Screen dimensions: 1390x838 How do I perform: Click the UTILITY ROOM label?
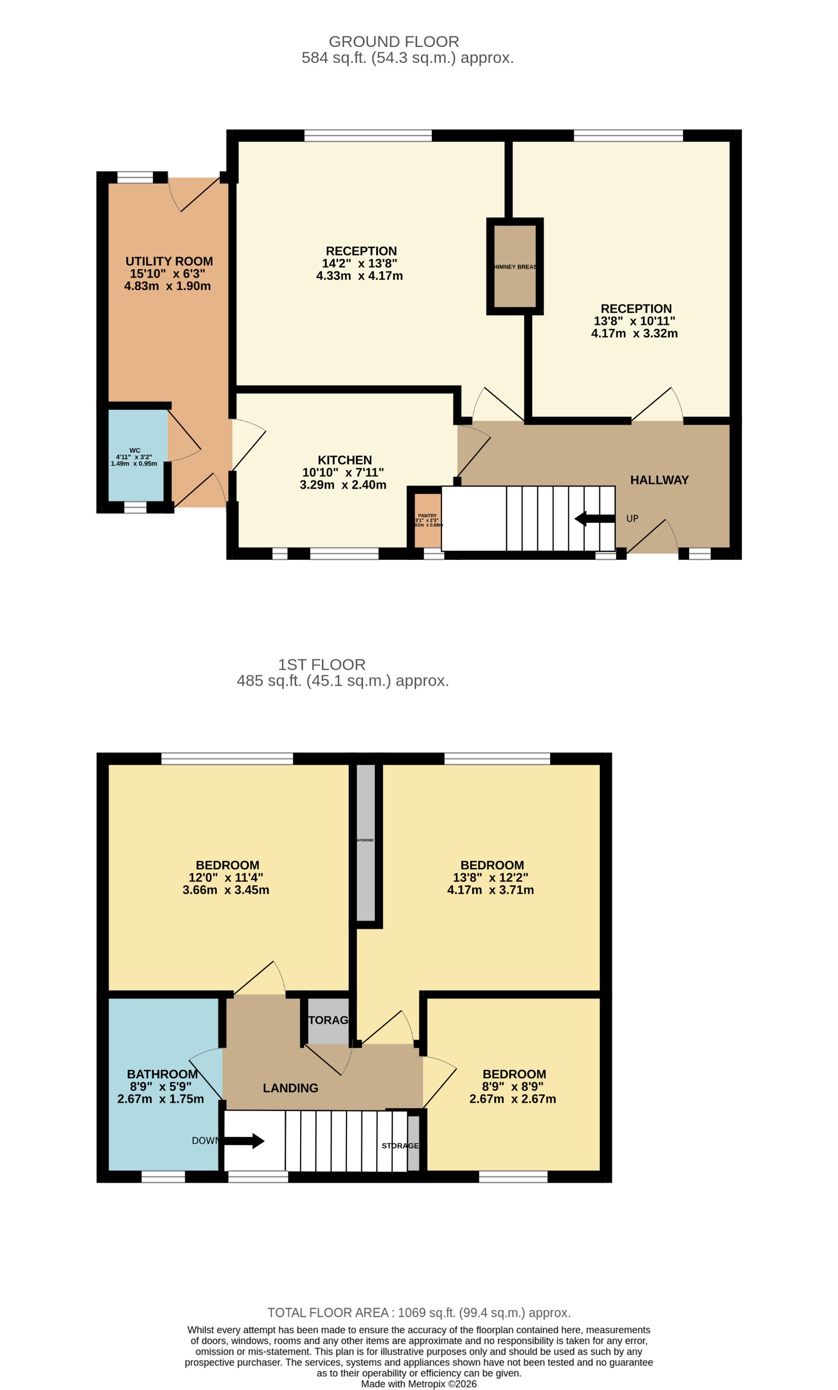pos(169,261)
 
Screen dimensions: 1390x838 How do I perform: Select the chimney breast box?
pos(514,266)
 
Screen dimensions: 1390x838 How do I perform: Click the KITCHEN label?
pos(344,460)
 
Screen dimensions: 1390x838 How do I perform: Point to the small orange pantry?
pos(427,520)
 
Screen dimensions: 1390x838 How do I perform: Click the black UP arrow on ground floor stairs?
pos(594,518)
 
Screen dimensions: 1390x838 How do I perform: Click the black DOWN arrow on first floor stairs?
pos(244,1141)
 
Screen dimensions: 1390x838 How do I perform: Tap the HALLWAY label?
pos(659,480)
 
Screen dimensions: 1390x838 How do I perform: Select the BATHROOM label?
pos(162,1074)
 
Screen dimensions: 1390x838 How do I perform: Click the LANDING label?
pos(290,1088)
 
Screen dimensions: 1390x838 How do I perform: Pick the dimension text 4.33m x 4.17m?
pos(359,276)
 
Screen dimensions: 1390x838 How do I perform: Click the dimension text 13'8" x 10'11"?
pos(634,321)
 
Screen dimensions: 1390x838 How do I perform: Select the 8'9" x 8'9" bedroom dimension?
pos(512,1087)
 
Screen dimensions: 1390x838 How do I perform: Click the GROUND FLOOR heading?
pos(393,42)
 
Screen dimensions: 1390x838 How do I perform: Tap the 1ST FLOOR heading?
pos(321,665)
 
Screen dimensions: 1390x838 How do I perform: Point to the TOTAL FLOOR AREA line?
pos(419,1313)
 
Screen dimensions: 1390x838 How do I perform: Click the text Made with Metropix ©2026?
pos(419,1384)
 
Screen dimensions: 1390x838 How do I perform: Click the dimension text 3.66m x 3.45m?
pos(226,890)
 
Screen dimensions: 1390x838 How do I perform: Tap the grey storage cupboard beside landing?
pos(328,1020)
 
